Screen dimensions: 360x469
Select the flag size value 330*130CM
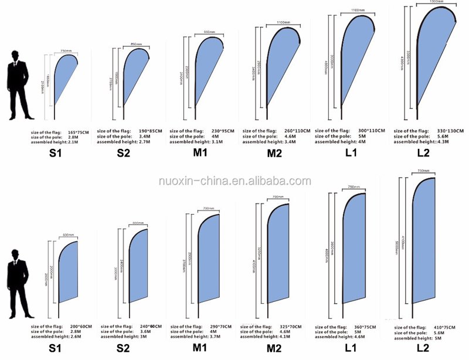(450, 130)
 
